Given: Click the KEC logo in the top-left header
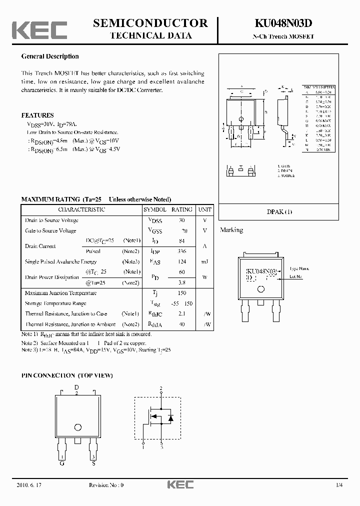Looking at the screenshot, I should (x=39, y=30).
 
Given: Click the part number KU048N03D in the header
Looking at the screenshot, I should (x=283, y=23).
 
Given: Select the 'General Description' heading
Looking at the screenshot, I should (x=50, y=56).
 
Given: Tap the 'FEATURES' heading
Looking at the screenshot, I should (x=37, y=115).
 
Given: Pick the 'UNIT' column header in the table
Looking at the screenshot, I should (x=204, y=209).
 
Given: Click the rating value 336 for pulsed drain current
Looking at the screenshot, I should (x=181, y=251).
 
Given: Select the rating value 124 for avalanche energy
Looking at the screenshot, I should (x=181, y=261).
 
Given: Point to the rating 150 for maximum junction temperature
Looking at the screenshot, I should (x=181, y=293).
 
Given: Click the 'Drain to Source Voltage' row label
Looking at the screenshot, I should (x=51, y=220).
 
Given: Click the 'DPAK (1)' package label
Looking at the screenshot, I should (x=279, y=211).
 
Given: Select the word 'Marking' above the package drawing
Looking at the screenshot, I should (x=231, y=230).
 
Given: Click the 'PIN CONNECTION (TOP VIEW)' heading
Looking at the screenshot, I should (x=67, y=375).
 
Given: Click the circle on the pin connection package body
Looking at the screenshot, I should (x=77, y=427).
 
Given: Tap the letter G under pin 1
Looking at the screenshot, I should (x=62, y=463).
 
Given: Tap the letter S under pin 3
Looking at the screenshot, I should (x=93, y=463).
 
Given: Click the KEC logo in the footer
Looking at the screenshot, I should (x=179, y=485).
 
